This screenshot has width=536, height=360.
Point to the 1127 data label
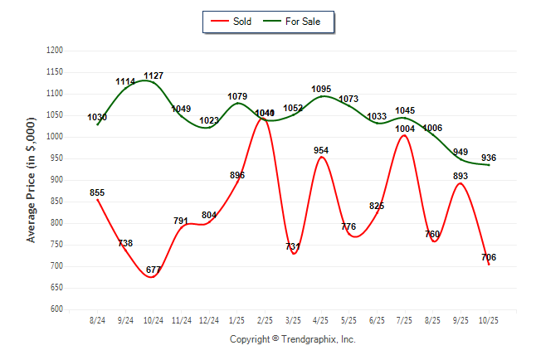tap(154, 75)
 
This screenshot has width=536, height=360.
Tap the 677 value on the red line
tap(153, 270)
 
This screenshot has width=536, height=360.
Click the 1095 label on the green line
tap(321, 89)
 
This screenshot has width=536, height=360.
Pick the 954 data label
tap(321, 150)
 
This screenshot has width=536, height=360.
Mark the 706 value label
tap(488, 258)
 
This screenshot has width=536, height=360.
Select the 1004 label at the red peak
tap(404, 129)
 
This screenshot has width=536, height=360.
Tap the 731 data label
tap(294, 247)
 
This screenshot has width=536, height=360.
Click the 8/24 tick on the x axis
tap(97, 320)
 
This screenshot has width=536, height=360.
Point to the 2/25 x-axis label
tap(265, 320)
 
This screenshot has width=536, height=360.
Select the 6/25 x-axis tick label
tap(377, 320)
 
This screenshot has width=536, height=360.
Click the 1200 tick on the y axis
tap(55, 51)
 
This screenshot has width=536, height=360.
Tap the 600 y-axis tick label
tap(56, 309)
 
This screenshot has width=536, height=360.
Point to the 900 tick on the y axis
tap(56, 180)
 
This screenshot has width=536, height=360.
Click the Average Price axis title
tap(32, 180)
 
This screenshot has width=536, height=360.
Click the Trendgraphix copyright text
tap(292, 339)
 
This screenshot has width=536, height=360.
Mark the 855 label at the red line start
tap(97, 192)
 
